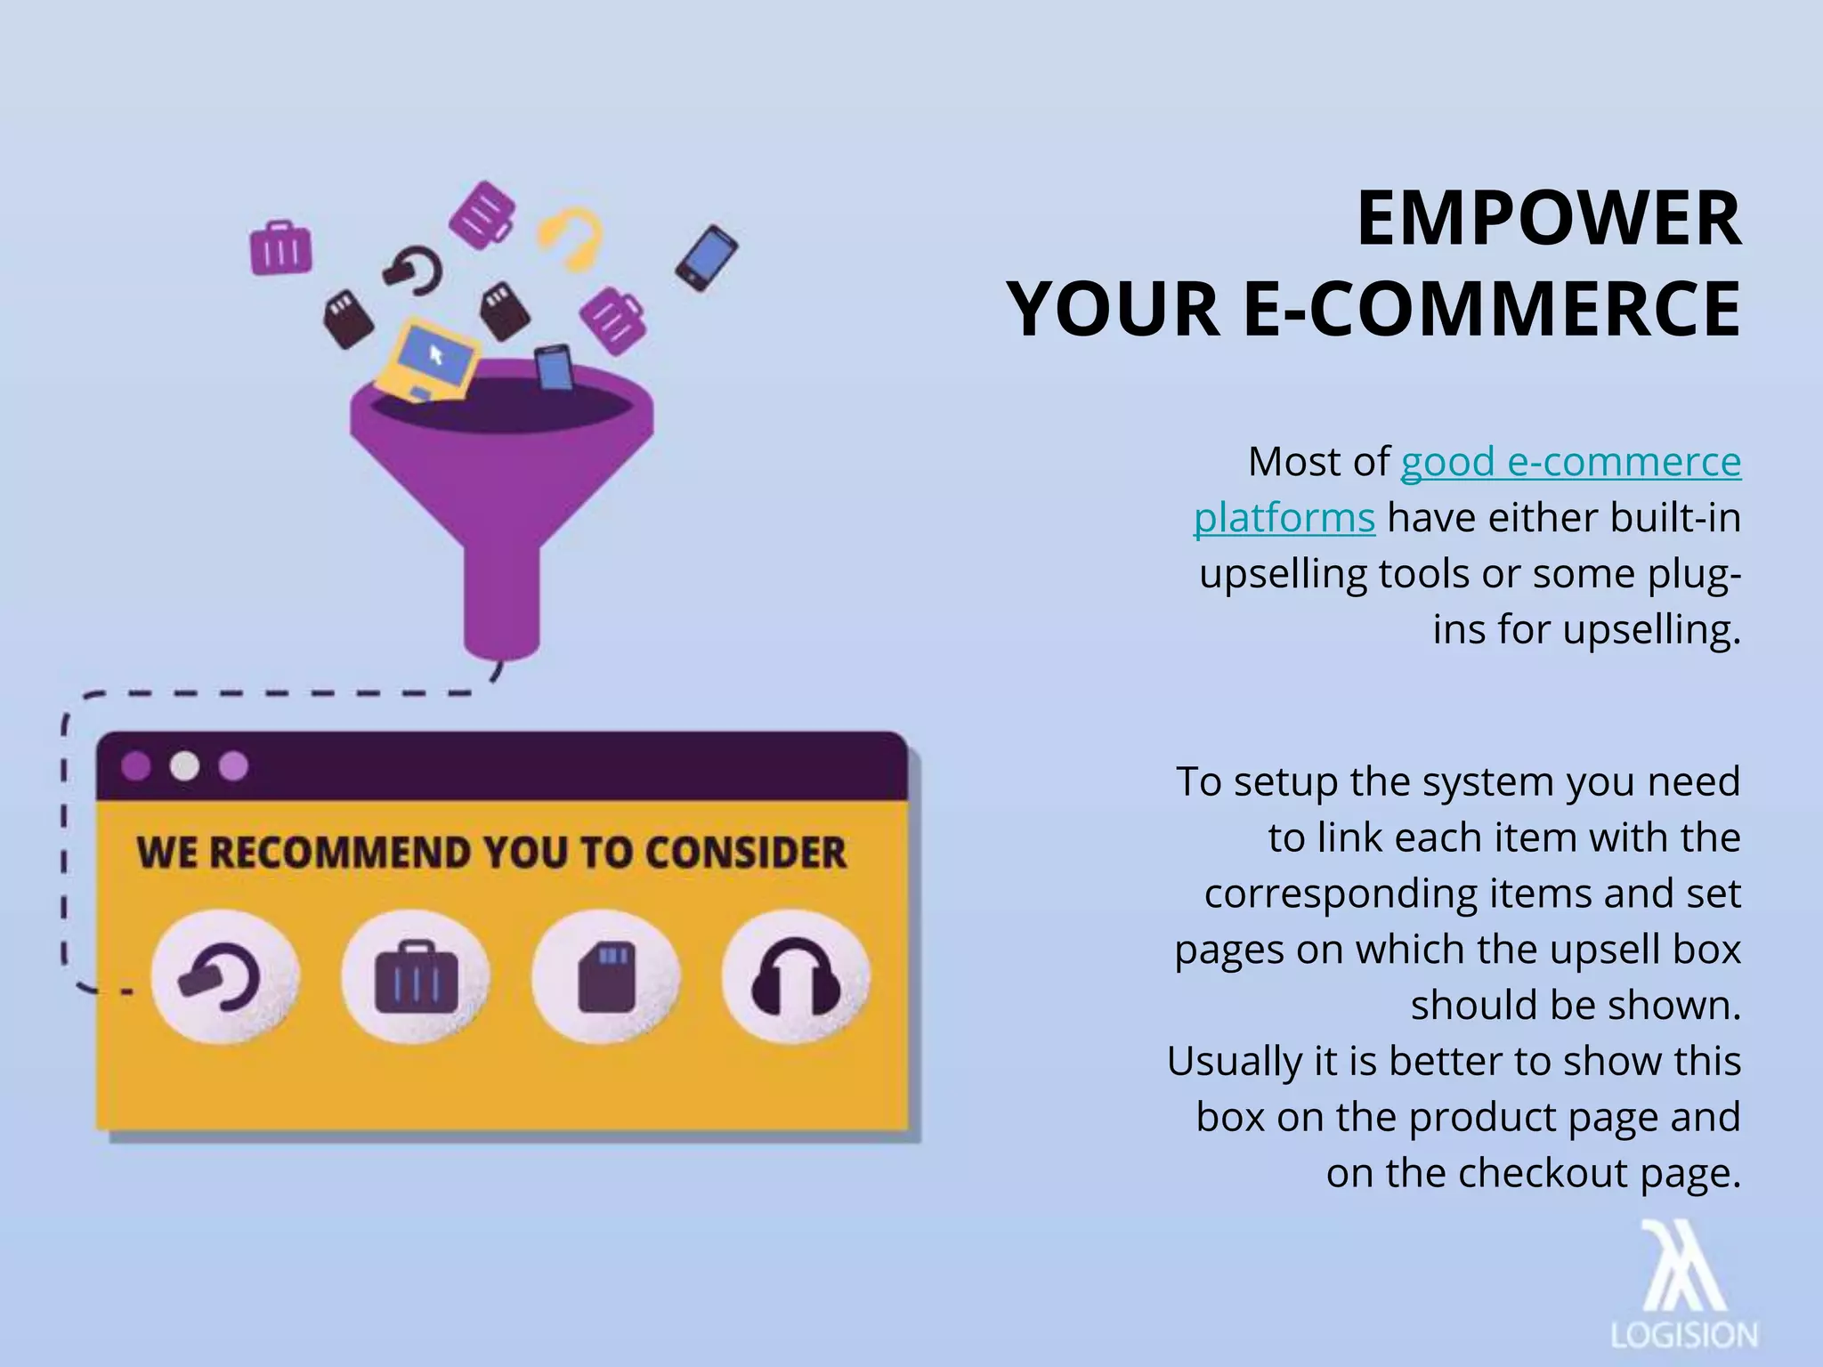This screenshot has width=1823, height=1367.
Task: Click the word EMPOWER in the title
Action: click(1548, 219)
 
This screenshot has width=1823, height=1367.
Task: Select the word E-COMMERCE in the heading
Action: click(1491, 309)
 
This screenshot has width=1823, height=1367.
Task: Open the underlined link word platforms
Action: click(1284, 518)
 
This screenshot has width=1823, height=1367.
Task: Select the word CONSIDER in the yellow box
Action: click(746, 853)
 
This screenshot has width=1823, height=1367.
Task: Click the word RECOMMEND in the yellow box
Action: click(341, 853)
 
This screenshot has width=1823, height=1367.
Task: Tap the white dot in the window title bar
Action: click(184, 766)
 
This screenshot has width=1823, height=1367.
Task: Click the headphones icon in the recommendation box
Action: click(796, 976)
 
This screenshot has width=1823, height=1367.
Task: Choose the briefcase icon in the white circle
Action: click(416, 977)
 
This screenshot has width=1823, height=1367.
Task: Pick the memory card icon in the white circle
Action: click(606, 976)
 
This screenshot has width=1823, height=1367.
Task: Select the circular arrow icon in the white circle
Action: click(224, 977)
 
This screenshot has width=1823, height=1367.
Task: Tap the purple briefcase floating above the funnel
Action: click(280, 247)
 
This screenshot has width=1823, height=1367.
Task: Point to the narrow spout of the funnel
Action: click(501, 605)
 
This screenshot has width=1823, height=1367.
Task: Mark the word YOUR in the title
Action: click(1114, 309)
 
